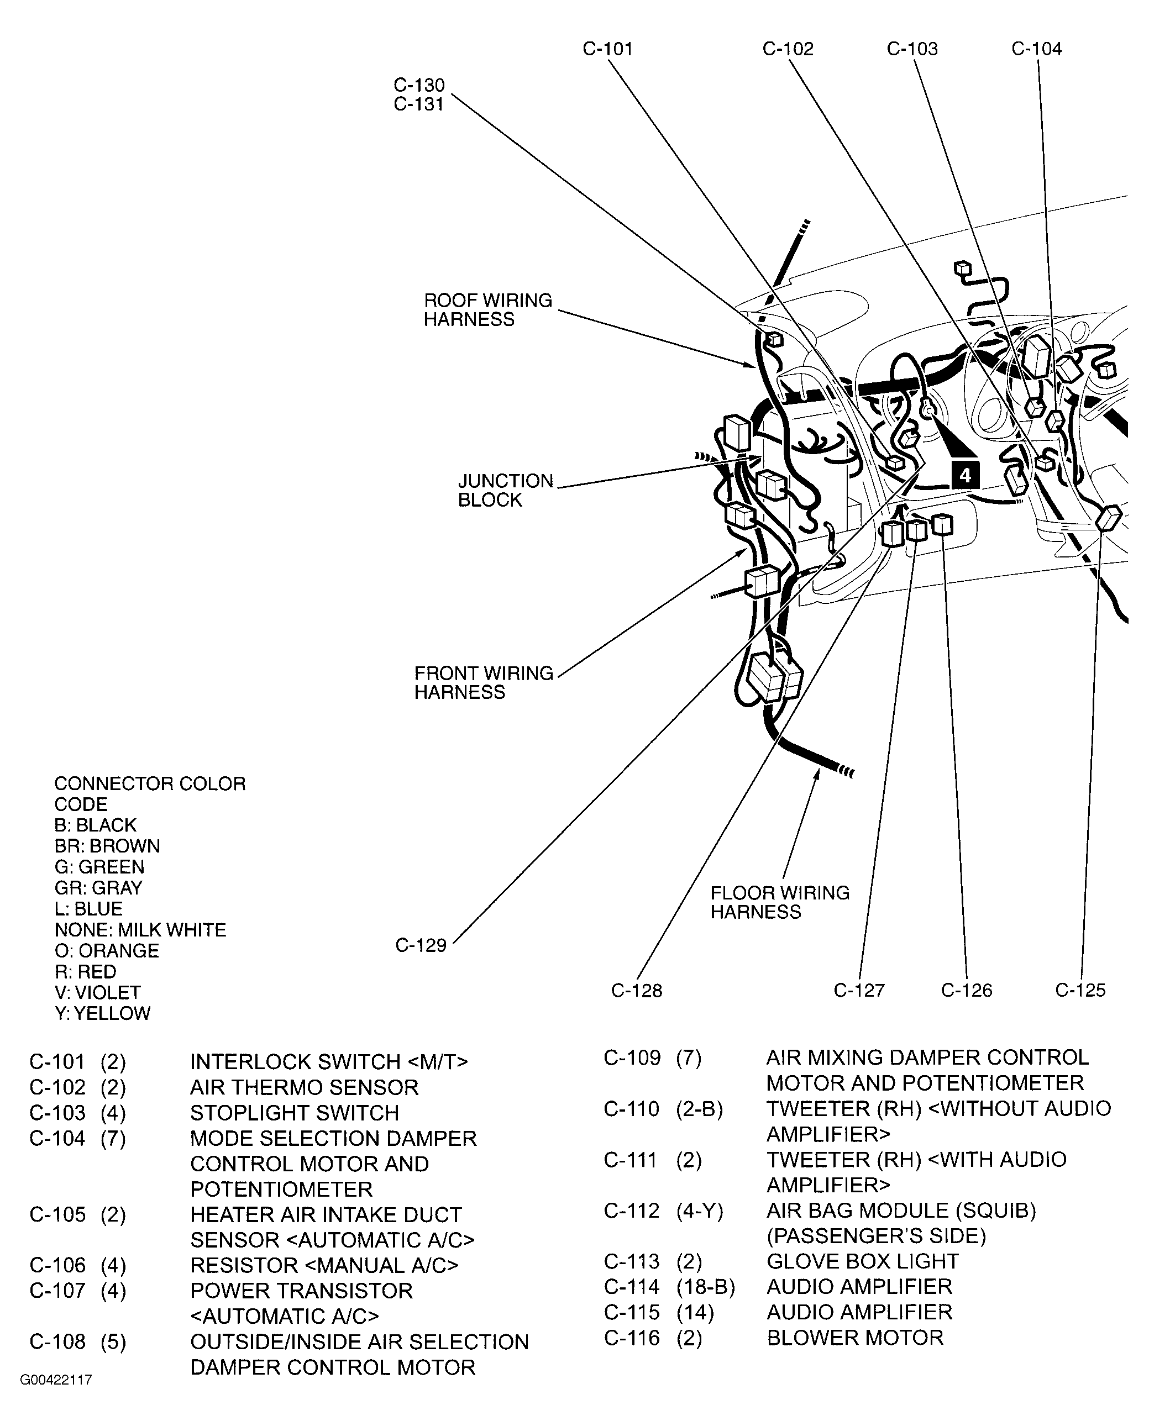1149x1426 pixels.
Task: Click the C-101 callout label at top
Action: tap(607, 49)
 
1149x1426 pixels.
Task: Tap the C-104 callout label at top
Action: tap(1036, 49)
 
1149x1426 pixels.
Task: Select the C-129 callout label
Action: tap(421, 945)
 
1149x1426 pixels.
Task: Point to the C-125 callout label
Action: tap(1080, 990)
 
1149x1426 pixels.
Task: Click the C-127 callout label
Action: tap(859, 990)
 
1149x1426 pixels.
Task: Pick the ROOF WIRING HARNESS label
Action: tap(488, 310)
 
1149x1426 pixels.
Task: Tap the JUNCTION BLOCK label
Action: tap(505, 490)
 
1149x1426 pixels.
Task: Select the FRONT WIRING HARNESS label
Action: tap(483, 682)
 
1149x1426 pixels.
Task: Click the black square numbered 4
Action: tap(965, 475)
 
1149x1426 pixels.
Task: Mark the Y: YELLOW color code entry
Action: tap(103, 1013)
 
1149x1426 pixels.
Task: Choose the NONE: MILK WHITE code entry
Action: tap(140, 930)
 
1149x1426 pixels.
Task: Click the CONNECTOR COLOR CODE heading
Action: tap(150, 793)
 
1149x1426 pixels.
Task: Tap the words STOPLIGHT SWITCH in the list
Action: tap(295, 1112)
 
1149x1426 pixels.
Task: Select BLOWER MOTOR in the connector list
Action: tap(854, 1338)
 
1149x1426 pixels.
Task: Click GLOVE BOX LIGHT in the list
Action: tap(862, 1261)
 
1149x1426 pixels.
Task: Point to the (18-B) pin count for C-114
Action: tap(706, 1286)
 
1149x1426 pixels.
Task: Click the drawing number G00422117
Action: tap(56, 1380)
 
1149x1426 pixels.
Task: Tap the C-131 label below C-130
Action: tap(418, 104)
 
